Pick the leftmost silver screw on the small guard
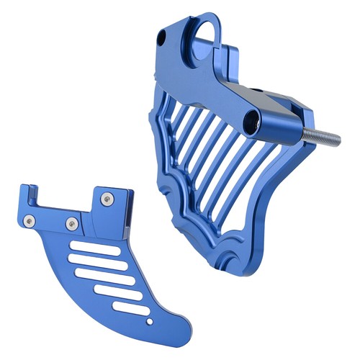pos(29,219)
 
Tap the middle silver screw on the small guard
pos(71,223)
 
